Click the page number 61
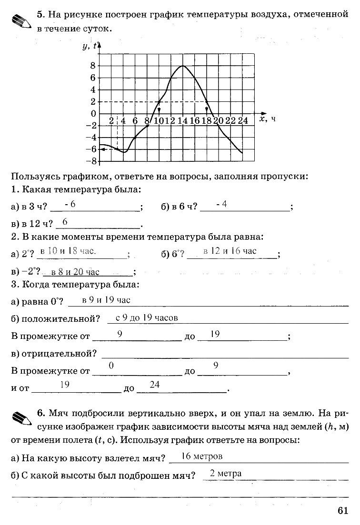[x=343, y=510]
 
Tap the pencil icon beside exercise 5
[x=20, y=21]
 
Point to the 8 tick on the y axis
[x=93, y=66]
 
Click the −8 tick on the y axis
[x=91, y=161]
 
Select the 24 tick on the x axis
[x=243, y=121]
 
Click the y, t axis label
[x=89, y=46]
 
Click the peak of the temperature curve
[x=183, y=66]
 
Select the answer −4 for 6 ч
[x=221, y=204]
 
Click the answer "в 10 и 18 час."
[x=68, y=250]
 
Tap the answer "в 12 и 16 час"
[x=230, y=251]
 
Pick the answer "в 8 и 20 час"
[x=75, y=272]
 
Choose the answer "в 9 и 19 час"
[x=106, y=300]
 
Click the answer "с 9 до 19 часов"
[x=146, y=317]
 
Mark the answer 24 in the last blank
[x=154, y=385]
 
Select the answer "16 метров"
[x=202, y=456]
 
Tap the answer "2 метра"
[x=226, y=473]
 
